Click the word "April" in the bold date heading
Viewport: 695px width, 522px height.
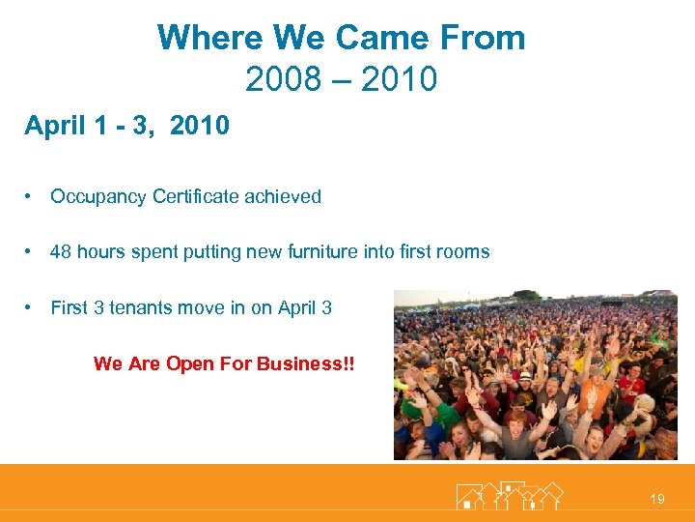pos(55,126)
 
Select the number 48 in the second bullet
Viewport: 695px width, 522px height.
pos(61,252)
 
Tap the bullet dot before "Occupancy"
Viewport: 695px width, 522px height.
pos(32,197)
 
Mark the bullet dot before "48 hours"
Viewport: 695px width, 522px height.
pos(32,252)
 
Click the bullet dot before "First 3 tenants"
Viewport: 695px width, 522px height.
pos(32,308)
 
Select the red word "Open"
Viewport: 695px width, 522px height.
pos(187,364)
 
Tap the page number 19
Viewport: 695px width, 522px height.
pos(657,499)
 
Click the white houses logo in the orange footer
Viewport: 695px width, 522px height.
pos(509,495)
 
